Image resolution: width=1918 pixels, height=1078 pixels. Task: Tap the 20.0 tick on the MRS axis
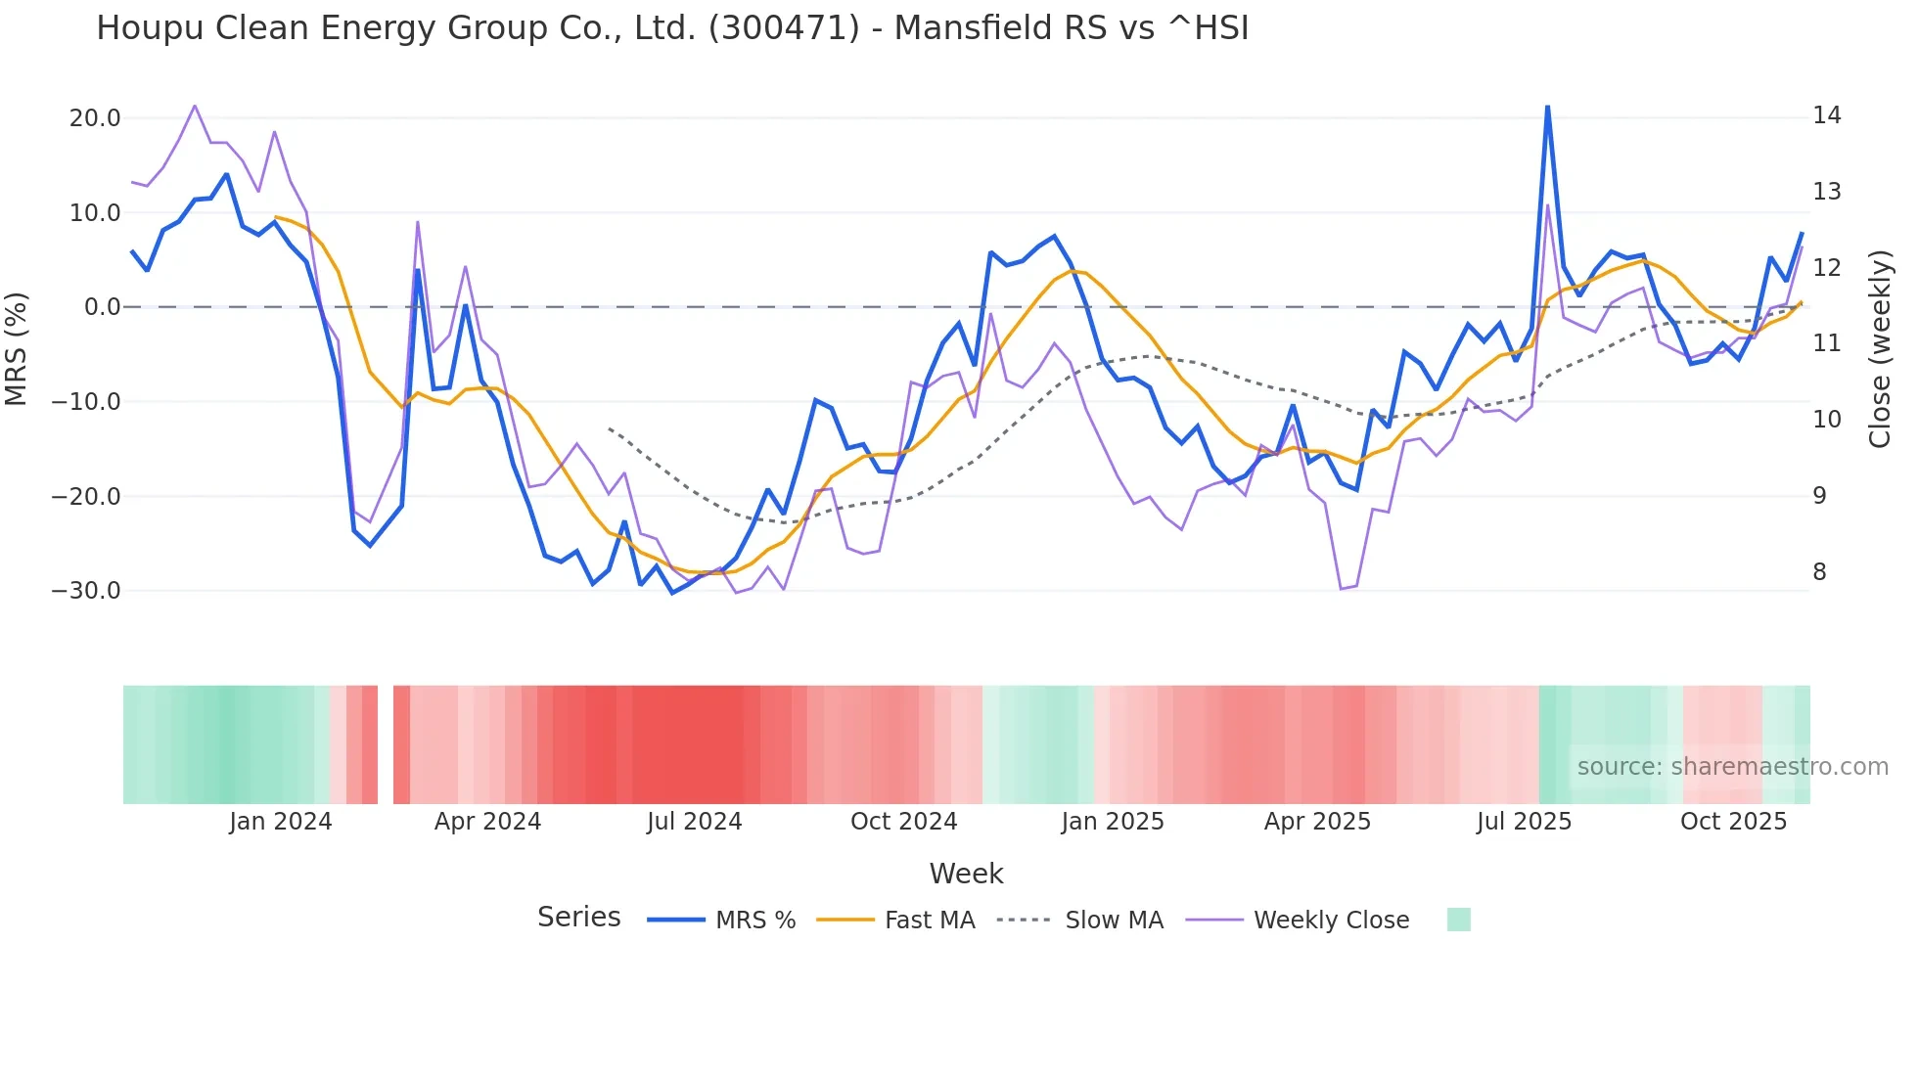[x=95, y=118]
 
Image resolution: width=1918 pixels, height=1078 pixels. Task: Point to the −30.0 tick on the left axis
[x=86, y=591]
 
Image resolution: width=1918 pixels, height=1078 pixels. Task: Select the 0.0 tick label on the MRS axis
[x=103, y=307]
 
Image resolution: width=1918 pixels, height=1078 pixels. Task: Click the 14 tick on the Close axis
[x=1827, y=115]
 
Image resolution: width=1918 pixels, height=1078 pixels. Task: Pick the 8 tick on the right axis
[x=1820, y=572]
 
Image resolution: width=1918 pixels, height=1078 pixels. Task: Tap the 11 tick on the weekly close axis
[x=1827, y=343]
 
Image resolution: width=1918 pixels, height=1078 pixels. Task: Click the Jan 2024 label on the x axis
[x=281, y=822]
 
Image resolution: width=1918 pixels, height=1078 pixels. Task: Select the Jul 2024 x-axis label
[x=695, y=822]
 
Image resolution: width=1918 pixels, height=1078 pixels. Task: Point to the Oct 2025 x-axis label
[x=1733, y=822]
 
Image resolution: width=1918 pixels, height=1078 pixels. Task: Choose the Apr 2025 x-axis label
[x=1317, y=822]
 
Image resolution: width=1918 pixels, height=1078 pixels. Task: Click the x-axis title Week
[x=966, y=874]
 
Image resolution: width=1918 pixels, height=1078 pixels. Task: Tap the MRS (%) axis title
[x=17, y=348]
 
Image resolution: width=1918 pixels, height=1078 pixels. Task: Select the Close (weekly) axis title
[x=1880, y=349]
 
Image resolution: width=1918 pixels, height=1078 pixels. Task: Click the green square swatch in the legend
[x=1458, y=920]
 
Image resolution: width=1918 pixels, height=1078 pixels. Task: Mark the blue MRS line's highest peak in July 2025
[x=1547, y=106]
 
